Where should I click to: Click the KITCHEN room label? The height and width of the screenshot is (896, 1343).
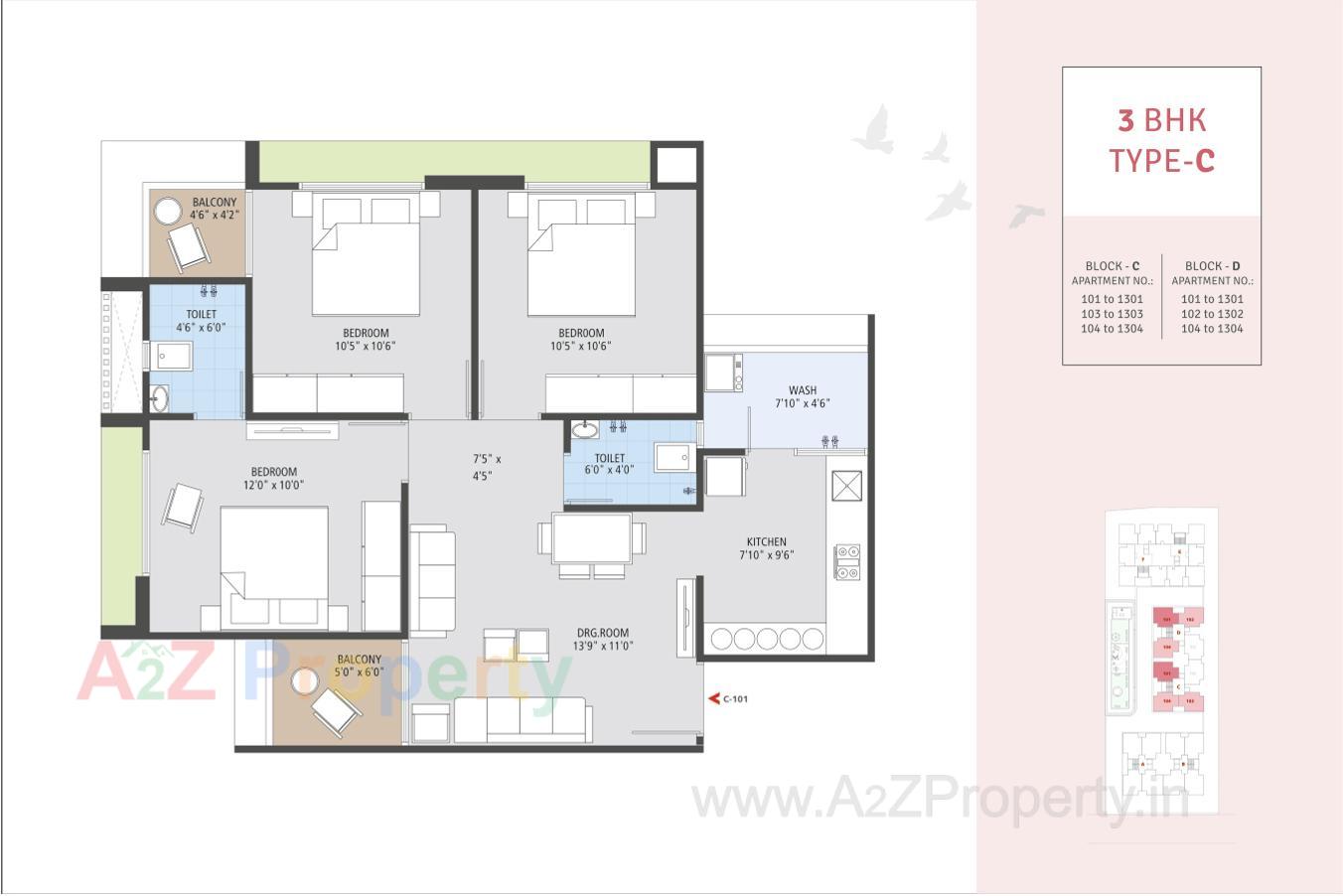[x=766, y=542]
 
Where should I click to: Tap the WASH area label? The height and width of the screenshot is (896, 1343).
[x=803, y=390]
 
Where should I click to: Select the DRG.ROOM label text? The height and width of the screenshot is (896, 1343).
[x=603, y=633]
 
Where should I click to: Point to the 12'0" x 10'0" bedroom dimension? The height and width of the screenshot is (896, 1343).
[x=274, y=486]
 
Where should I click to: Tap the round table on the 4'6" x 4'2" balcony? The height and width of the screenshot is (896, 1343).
[x=165, y=214]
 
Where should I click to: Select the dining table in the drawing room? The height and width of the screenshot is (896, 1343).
[x=592, y=537]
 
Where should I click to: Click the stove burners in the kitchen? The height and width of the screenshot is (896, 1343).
[x=846, y=562]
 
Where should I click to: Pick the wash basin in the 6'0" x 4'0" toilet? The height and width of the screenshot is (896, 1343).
[x=584, y=429]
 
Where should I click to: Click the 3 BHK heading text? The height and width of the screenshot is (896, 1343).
[x=1161, y=120]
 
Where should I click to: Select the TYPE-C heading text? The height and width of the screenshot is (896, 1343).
[x=1161, y=160]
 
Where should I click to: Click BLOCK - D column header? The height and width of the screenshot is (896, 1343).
[x=1212, y=266]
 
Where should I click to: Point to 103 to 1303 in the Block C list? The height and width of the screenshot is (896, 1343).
[x=1112, y=314]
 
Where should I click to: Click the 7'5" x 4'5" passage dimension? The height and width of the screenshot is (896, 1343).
[x=486, y=467]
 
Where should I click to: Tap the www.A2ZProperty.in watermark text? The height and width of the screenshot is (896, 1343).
[x=939, y=799]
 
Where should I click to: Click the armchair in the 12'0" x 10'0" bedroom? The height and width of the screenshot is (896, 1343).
[x=183, y=507]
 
